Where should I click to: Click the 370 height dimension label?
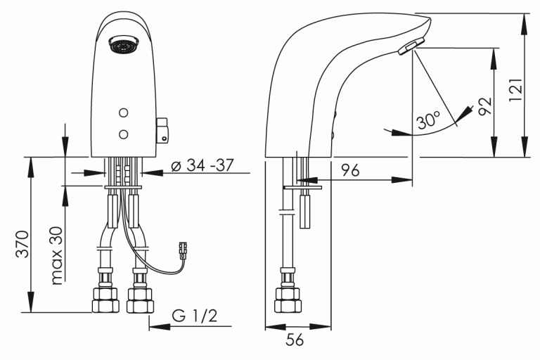(22, 244)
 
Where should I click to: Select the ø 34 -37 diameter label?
(202, 167)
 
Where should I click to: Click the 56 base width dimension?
(296, 340)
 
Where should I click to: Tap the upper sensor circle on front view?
(124, 112)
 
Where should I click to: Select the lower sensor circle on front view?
(124, 133)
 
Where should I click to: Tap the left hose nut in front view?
(105, 300)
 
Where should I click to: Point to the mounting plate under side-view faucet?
(302, 188)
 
